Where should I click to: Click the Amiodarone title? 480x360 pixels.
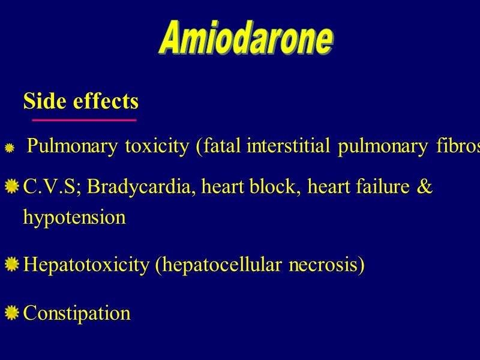pos(246,39)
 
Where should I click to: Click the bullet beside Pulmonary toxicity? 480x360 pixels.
pos(10,148)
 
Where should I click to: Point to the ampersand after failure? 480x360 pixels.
pos(425,187)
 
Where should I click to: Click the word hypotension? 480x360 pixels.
pos(74,217)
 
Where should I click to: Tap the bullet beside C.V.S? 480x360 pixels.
pos(11,189)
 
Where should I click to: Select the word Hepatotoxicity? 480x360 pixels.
pos(86,265)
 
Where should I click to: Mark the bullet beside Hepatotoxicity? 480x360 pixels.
pos(11,265)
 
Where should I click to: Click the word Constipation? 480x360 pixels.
pos(76,313)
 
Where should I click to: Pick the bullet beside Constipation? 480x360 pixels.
pos(11,313)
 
